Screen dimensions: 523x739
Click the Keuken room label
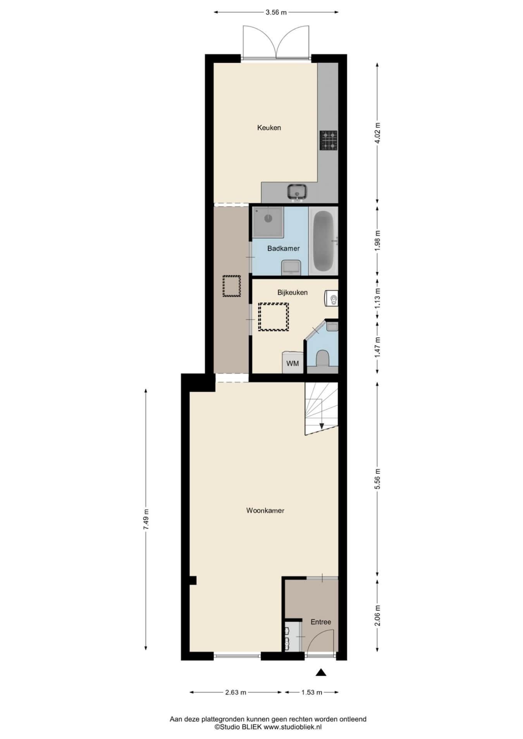[x=269, y=127]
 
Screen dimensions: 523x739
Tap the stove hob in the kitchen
[x=329, y=140]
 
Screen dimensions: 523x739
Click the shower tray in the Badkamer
[x=268, y=222]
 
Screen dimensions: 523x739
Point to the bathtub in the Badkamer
[x=323, y=241]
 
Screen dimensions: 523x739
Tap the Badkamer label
[x=284, y=249]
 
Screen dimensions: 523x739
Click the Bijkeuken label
[x=292, y=292]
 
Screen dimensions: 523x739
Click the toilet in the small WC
[x=322, y=358]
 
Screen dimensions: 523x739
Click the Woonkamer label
[x=265, y=511]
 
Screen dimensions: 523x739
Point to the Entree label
[x=321, y=622]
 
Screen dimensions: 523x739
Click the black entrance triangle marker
[x=321, y=672]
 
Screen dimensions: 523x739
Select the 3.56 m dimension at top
[x=276, y=12]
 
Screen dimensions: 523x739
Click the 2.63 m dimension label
[x=236, y=692]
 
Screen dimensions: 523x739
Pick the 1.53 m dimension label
[x=311, y=692]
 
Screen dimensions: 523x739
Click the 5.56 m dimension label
[x=377, y=479]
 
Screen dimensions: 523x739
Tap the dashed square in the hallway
[x=232, y=286]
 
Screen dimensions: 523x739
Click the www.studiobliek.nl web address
[x=293, y=727]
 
